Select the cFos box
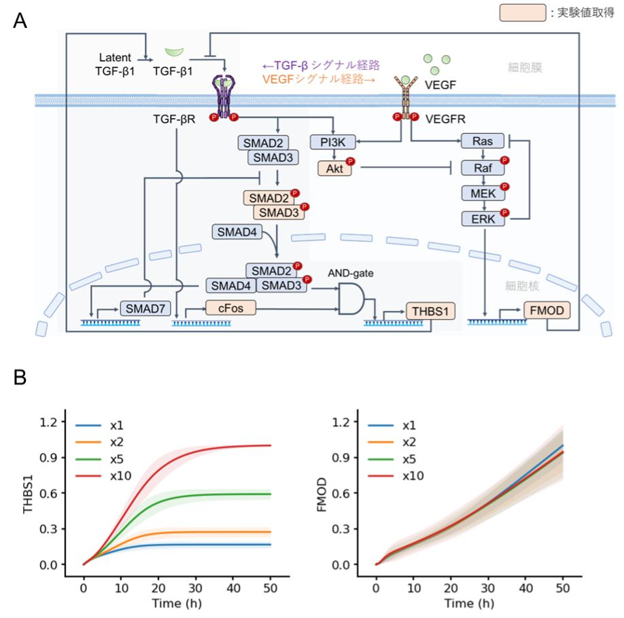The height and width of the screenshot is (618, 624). (232, 308)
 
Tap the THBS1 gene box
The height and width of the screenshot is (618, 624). (428, 312)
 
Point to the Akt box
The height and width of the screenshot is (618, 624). (334, 168)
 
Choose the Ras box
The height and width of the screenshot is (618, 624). (481, 141)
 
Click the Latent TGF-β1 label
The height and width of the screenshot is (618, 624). (114, 62)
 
